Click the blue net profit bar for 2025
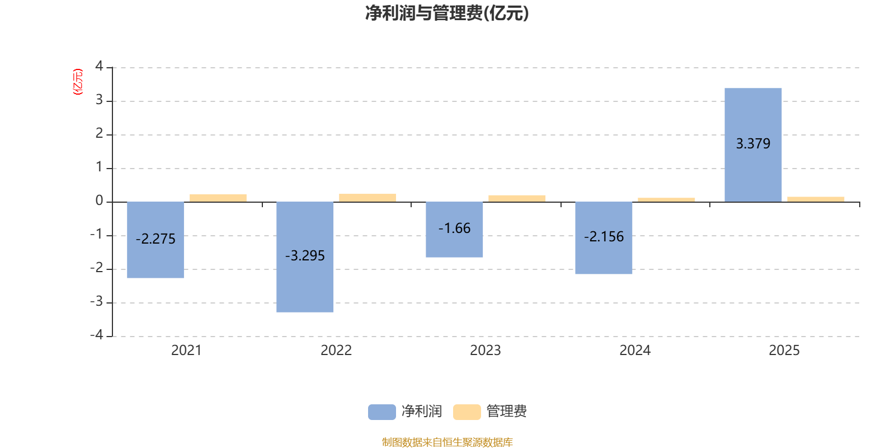click(753, 145)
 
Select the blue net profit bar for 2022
click(305, 257)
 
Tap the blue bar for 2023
click(454, 230)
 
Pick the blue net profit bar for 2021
click(156, 240)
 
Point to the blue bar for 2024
click(604, 237)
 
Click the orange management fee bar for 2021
click(218, 198)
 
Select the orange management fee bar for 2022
click(368, 198)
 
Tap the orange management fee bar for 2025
click(816, 199)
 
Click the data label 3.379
click(753, 143)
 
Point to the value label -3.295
click(305, 255)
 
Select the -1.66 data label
click(454, 228)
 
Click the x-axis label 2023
click(485, 351)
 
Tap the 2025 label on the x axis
click(784, 351)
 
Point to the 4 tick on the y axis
click(99, 66)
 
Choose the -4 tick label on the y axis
click(97, 335)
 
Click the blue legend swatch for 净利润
click(382, 412)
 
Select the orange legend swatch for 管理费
click(467, 412)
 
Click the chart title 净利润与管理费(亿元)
click(447, 13)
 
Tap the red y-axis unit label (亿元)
click(78, 82)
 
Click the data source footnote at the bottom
click(447, 442)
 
